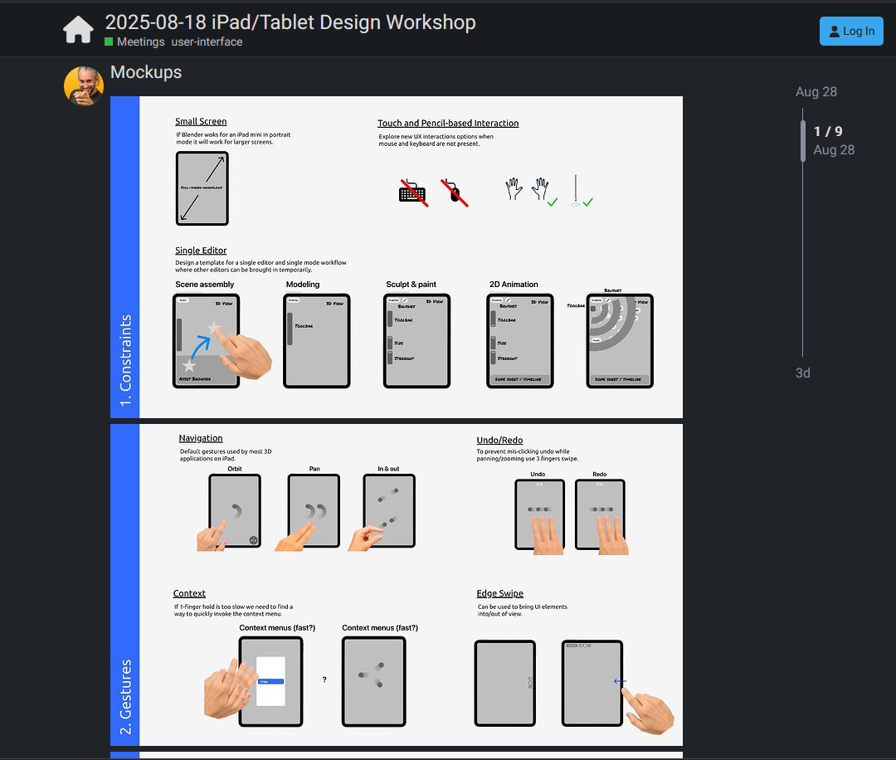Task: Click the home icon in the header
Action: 79,31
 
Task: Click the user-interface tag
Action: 207,41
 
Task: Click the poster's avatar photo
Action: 84,86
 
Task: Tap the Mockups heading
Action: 146,72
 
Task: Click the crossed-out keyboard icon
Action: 413,192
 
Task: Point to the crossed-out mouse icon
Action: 454,192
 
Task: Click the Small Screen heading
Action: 201,121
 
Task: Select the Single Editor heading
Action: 201,251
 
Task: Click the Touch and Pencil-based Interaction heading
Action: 448,124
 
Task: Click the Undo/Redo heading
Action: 499,441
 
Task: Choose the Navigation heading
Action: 201,438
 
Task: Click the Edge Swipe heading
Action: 499,593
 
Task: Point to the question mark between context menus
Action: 324,680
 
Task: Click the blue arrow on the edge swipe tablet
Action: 620,682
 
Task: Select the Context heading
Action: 189,593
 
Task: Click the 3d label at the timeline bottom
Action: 803,373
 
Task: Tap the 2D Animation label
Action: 514,285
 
